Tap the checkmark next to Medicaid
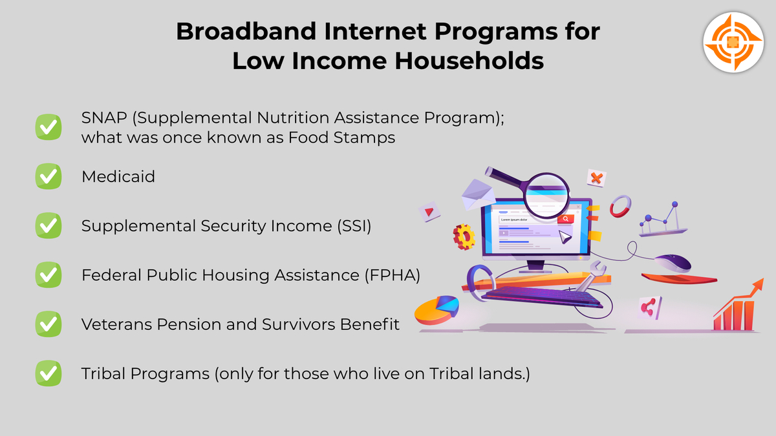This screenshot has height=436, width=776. click(48, 176)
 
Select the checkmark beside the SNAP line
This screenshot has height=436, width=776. click(48, 127)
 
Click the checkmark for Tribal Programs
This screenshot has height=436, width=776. click(48, 373)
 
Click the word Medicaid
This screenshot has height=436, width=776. click(118, 176)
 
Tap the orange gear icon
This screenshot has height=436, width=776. click(464, 236)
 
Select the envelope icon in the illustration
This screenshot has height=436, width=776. click(478, 194)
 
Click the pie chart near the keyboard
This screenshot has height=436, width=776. click(436, 310)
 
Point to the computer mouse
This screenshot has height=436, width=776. click(673, 263)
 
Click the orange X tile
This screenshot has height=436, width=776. click(596, 178)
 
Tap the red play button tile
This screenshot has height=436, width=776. click(427, 211)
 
